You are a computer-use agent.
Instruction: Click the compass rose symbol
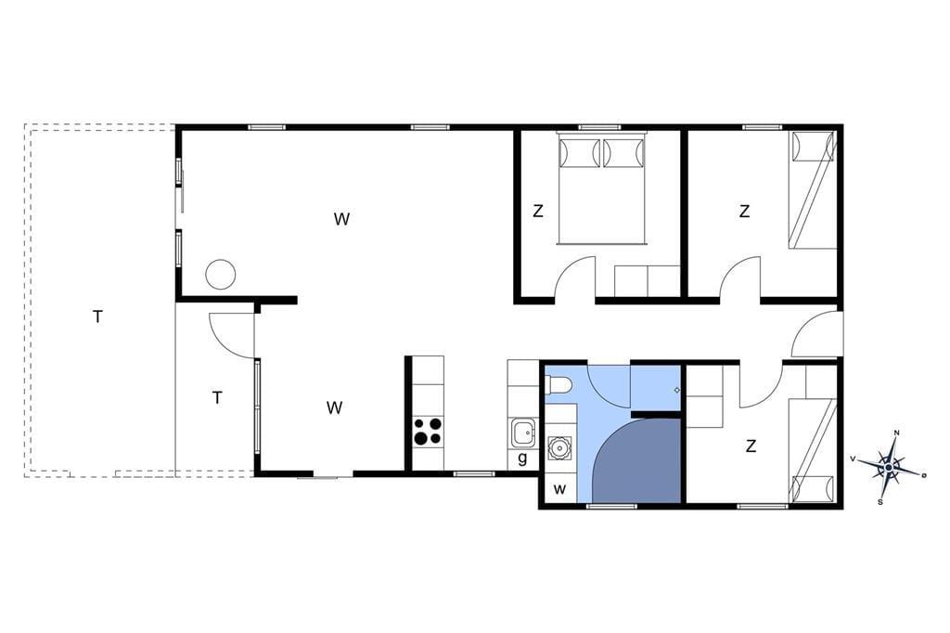click(888, 467)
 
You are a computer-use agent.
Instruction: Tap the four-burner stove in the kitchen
click(428, 432)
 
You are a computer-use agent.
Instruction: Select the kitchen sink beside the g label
click(522, 433)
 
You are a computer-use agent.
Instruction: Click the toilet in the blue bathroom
click(558, 385)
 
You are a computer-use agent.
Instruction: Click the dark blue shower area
click(637, 459)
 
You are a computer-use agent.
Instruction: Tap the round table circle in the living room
click(220, 274)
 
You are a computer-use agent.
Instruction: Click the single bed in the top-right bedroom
click(813, 189)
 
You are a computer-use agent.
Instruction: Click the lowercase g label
click(522, 458)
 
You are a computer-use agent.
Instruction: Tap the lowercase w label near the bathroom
click(559, 489)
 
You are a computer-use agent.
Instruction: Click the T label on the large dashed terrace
click(97, 316)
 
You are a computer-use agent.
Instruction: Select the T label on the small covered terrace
click(217, 398)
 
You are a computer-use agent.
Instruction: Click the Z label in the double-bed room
click(537, 211)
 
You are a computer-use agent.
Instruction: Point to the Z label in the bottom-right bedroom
click(751, 446)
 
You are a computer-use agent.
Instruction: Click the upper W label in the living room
click(341, 219)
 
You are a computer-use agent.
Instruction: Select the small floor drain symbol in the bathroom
click(676, 390)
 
